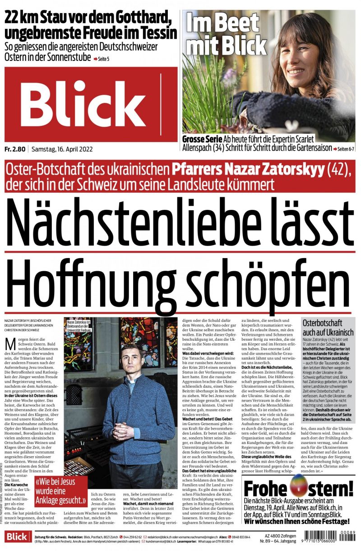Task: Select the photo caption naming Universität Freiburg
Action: [x=80, y=326]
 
